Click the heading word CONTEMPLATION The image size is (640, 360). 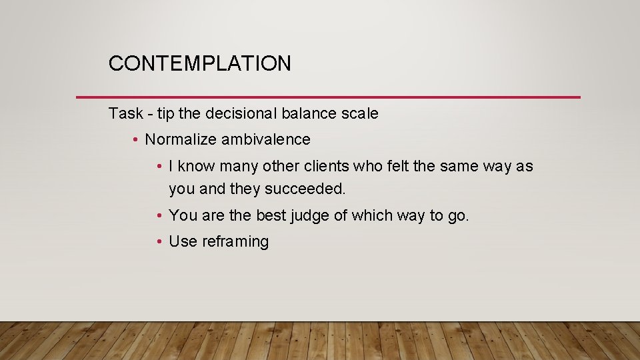point(199,63)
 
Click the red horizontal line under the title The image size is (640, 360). point(328,97)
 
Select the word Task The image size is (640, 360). point(125,113)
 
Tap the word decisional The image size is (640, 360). point(244,113)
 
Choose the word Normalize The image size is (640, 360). point(181,139)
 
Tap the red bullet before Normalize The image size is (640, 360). point(135,139)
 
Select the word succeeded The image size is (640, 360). point(305,189)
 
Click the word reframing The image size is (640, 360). point(237,241)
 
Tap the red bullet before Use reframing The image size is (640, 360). point(159,241)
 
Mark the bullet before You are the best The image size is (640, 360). point(159,215)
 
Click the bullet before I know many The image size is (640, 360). point(159,166)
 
